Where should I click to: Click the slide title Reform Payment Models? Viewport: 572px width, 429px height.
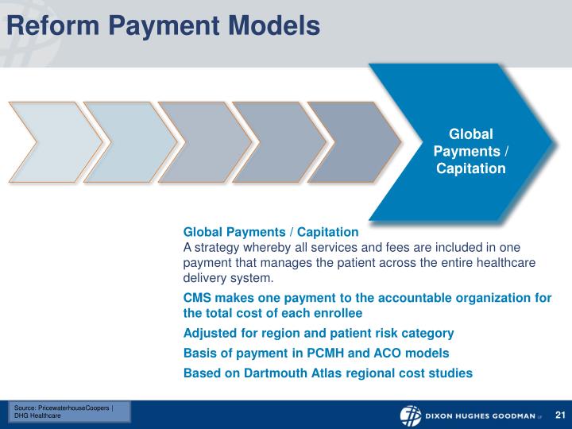click(x=162, y=25)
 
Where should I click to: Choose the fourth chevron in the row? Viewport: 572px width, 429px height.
click(x=276, y=142)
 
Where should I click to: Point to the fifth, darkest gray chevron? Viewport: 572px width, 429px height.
click(x=350, y=142)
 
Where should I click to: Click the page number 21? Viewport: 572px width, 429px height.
click(x=559, y=415)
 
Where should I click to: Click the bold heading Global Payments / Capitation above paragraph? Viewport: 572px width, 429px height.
click(x=271, y=232)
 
